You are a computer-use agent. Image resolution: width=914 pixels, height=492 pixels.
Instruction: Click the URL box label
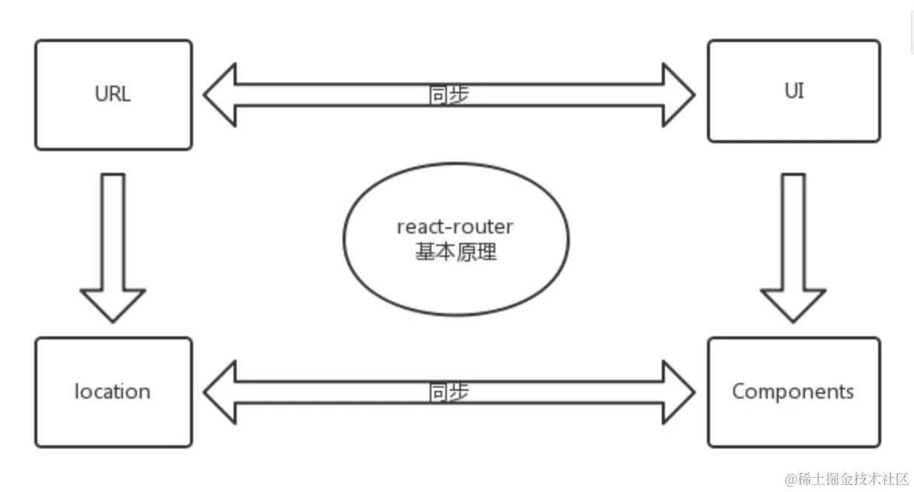113,94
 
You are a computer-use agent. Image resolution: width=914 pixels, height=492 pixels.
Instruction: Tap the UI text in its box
794,91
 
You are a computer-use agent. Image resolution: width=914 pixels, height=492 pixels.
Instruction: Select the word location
113,391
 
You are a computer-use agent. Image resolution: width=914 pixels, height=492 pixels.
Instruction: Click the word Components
793,391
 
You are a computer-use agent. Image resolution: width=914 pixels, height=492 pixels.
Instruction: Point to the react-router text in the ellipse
455,227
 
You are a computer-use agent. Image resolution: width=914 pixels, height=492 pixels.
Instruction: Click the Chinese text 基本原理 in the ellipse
456,251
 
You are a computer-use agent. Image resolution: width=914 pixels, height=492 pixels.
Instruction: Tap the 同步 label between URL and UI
449,94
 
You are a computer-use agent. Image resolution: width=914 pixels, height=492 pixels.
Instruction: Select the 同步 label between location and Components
449,392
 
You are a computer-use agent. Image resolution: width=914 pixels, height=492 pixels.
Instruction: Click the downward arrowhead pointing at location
113,304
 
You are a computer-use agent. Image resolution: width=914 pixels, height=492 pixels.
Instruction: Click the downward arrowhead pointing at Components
793,304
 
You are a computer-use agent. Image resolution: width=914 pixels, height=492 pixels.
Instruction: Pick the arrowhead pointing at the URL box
220,95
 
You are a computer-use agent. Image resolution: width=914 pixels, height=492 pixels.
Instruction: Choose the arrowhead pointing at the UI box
679,95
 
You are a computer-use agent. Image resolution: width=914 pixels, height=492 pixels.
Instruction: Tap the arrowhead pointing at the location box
220,392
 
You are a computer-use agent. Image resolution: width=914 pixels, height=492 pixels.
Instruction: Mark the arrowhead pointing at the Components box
679,392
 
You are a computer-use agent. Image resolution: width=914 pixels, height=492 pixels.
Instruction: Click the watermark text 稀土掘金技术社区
853,480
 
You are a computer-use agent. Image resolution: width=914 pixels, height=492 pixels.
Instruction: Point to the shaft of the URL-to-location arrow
113,231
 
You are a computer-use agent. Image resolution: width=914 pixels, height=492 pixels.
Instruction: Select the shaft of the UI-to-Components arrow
793,231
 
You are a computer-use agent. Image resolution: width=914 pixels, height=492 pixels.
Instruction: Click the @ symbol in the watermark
791,480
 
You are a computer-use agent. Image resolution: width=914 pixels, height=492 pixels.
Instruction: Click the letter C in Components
739,391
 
